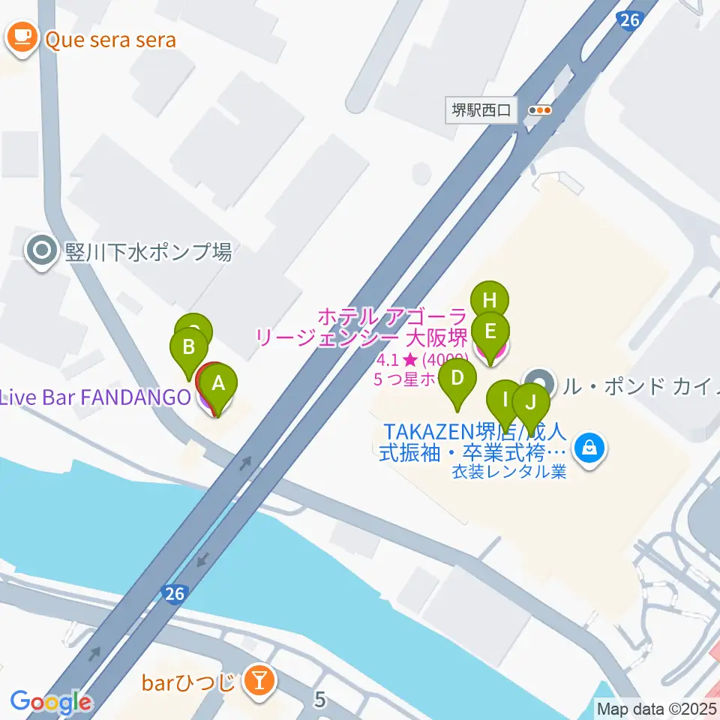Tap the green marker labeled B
[x=189, y=347]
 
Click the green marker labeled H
[x=490, y=301]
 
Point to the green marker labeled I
[x=505, y=398]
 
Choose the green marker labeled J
[x=531, y=403]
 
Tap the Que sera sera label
[x=110, y=39]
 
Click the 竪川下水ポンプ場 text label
[x=148, y=252]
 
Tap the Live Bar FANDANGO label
[x=95, y=397]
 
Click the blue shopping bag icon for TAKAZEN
[x=589, y=448]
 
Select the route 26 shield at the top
[x=629, y=20]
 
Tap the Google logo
[x=50, y=702]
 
